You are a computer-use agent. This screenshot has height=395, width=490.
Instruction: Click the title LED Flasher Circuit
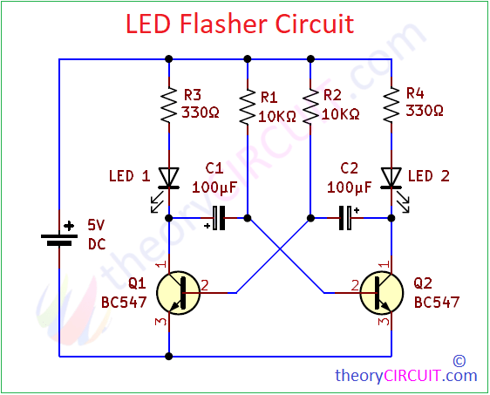pyautogui.click(x=240, y=24)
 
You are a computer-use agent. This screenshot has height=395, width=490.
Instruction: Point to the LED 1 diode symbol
pyautogui.click(x=168, y=177)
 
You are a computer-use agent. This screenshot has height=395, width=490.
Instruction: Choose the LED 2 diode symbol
pyautogui.click(x=391, y=177)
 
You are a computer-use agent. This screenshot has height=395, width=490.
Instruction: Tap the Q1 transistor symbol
pyautogui.click(x=178, y=293)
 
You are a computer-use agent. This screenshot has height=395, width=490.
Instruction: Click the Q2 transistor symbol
pyautogui.click(x=382, y=293)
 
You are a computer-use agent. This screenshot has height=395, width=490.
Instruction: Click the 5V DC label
pyautogui.click(x=97, y=234)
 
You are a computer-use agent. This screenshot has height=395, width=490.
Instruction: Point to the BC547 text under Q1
pyautogui.click(x=126, y=303)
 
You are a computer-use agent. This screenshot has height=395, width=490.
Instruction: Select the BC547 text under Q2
pyautogui.click(x=436, y=303)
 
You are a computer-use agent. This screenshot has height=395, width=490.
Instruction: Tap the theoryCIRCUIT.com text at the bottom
pyautogui.click(x=406, y=376)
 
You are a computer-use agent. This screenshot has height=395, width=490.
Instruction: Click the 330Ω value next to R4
pyautogui.click(x=425, y=112)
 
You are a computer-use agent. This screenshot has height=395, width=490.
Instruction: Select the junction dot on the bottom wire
pyautogui.click(x=168, y=357)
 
